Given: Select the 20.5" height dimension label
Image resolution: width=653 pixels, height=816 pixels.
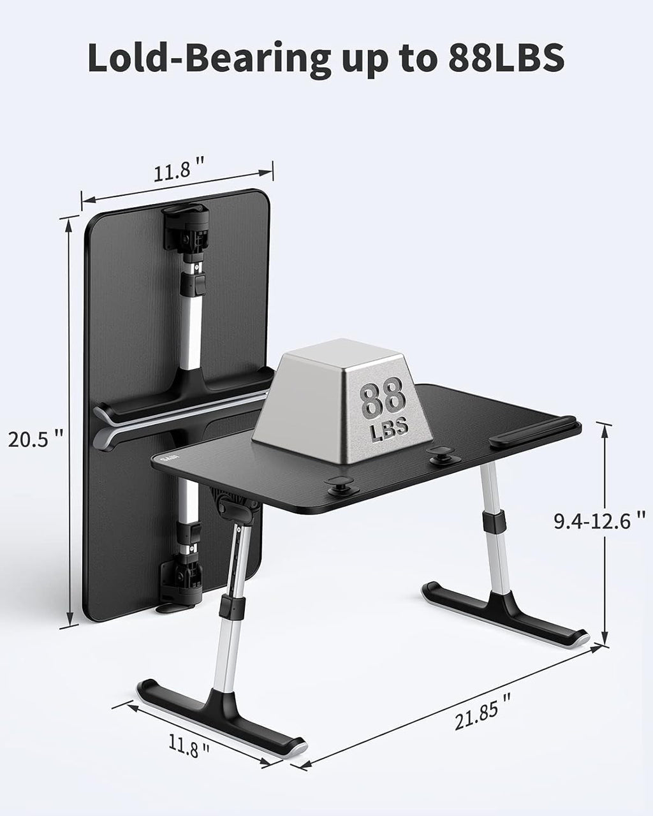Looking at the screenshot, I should [35, 439].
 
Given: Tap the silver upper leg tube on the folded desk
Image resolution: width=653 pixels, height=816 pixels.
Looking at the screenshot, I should [193, 325].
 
